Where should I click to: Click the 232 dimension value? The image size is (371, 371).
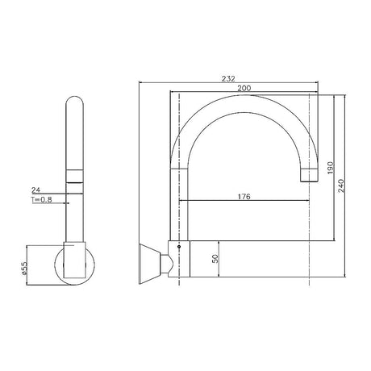pyautogui.click(x=228, y=78)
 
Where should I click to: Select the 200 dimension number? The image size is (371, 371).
pyautogui.click(x=244, y=88)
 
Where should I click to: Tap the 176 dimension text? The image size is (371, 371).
pyautogui.click(x=244, y=197)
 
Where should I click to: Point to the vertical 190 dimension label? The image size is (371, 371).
pyautogui.click(x=331, y=168)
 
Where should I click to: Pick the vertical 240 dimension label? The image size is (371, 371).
pyautogui.click(x=341, y=185)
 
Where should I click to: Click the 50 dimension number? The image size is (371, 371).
pyautogui.click(x=215, y=259)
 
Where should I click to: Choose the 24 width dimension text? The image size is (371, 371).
pyautogui.click(x=35, y=190)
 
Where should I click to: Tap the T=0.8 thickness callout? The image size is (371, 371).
pyautogui.click(x=41, y=200)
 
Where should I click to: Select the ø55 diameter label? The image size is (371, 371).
pyautogui.click(x=24, y=269)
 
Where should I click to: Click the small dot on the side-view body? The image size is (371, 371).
pyautogui.click(x=179, y=247)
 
